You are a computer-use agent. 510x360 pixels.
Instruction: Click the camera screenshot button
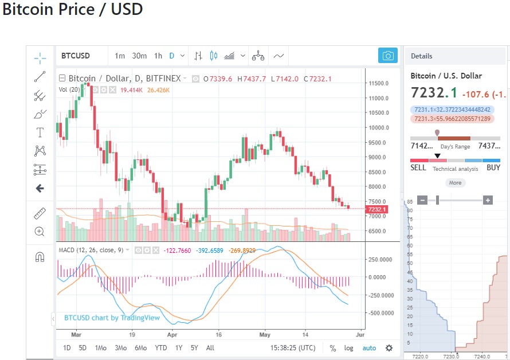click(x=388, y=56)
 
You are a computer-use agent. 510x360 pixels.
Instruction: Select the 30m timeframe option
click(x=139, y=56)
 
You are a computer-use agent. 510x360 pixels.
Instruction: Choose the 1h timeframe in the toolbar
click(x=158, y=56)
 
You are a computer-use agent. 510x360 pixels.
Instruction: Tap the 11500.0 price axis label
click(x=378, y=83)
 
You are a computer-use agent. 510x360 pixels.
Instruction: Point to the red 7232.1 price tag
click(x=378, y=209)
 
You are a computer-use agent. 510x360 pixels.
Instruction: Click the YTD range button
click(x=161, y=347)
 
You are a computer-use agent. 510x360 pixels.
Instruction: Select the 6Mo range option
click(x=140, y=347)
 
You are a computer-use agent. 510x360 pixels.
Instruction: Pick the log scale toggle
click(x=349, y=347)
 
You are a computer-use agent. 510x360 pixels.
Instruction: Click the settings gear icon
click(x=389, y=347)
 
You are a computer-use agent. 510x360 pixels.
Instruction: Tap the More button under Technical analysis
click(x=455, y=183)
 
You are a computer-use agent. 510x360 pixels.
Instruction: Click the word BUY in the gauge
click(x=493, y=168)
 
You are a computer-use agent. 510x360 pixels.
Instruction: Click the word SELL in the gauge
click(x=418, y=168)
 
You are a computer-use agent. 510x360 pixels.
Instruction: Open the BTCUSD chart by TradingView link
click(x=112, y=318)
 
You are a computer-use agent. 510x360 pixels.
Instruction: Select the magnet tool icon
click(x=40, y=257)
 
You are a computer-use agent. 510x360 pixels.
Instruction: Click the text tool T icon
click(x=40, y=132)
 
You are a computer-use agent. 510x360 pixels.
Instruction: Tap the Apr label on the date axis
click(x=172, y=333)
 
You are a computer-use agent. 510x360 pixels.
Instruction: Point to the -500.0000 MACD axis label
click(x=380, y=313)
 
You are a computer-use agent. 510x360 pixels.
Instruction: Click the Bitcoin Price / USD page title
click(x=72, y=10)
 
